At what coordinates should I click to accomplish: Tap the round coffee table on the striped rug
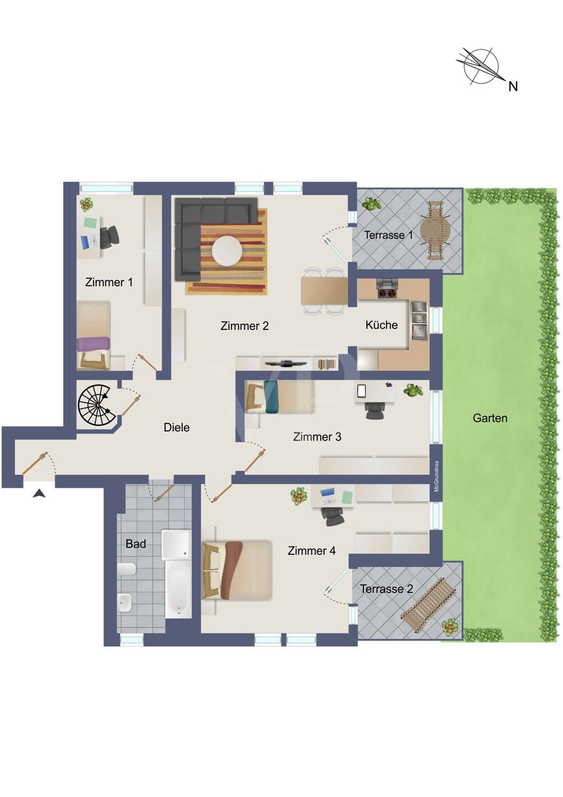click(227, 251)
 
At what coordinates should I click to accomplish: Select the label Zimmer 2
click(244, 326)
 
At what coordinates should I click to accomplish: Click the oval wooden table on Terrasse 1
click(436, 230)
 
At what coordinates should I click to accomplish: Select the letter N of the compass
click(513, 87)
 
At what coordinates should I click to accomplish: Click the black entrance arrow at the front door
click(39, 494)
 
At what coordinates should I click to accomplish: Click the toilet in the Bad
click(126, 569)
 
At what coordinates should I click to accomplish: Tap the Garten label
click(490, 418)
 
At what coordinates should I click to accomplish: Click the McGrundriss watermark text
click(437, 477)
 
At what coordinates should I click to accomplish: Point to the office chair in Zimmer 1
click(108, 238)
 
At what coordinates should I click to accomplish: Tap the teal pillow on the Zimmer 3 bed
click(271, 397)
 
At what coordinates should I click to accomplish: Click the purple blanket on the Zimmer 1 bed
click(93, 344)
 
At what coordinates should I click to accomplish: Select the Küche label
click(381, 325)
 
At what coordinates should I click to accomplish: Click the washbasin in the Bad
click(125, 603)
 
